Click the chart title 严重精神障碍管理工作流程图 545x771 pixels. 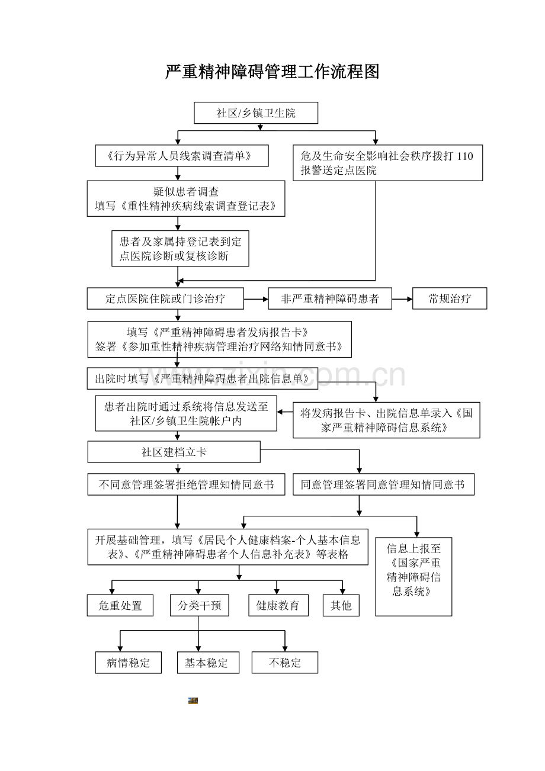[x=272, y=72]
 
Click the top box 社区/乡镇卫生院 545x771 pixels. [x=256, y=113]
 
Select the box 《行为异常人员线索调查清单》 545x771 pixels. [x=182, y=156]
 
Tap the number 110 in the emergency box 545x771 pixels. [x=465, y=156]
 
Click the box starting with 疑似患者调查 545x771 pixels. [x=186, y=199]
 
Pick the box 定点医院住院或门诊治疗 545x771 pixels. [x=165, y=299]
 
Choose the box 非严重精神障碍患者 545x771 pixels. [x=330, y=299]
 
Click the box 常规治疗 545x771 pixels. [x=450, y=299]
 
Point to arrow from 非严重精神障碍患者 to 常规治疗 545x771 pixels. [x=402, y=299]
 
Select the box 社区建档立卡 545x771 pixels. [x=174, y=452]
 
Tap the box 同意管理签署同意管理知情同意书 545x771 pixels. [x=383, y=485]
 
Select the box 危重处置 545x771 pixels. [x=120, y=606]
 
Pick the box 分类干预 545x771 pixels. [x=199, y=606]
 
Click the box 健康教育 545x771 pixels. [x=278, y=606]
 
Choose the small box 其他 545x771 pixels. [x=341, y=606]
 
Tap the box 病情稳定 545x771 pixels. [x=128, y=663]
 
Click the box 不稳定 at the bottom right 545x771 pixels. [x=284, y=663]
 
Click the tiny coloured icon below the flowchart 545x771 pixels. [x=193, y=701]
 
